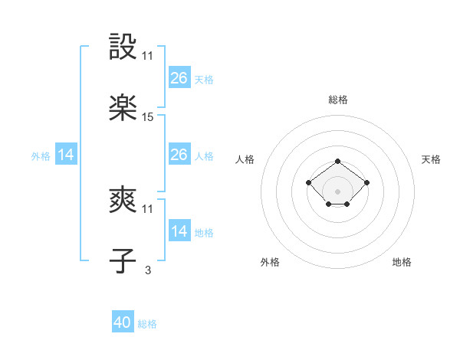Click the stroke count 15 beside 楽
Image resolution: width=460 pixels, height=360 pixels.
[148, 117]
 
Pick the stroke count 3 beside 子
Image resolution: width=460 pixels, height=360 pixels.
[148, 270]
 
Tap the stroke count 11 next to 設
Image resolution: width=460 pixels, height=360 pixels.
[148, 56]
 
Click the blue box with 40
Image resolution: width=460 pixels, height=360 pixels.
[123, 322]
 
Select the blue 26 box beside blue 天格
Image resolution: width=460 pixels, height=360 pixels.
[179, 78]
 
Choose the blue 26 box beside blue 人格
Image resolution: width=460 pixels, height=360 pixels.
[179, 155]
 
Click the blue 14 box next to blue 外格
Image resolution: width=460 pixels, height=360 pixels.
[66, 155]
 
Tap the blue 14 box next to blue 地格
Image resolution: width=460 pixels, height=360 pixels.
[179, 231]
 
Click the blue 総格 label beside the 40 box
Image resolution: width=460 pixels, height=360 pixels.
[147, 324]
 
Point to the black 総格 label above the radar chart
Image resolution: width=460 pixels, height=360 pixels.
[338, 100]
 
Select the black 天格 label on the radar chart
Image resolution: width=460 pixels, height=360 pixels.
[432, 159]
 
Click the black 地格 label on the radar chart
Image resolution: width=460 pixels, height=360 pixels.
[402, 262]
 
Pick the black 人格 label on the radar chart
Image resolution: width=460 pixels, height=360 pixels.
[245, 159]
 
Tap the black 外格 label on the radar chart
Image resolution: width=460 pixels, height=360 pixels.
[270, 262]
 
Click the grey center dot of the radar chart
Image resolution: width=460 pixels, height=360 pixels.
[338, 191]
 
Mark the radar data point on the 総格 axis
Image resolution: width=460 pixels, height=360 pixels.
[338, 162]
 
